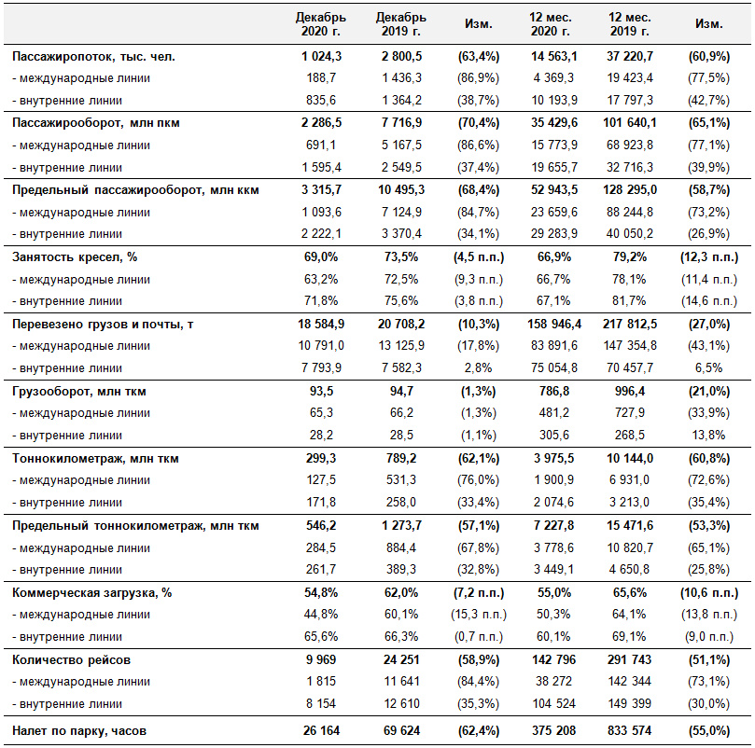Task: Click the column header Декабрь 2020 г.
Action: click(x=321, y=24)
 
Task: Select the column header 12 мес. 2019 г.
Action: click(x=629, y=24)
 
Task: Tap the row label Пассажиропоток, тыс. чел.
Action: click(x=93, y=57)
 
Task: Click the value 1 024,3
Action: click(x=321, y=56)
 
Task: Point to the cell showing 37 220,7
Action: click(x=629, y=56)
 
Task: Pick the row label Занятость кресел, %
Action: click(x=75, y=257)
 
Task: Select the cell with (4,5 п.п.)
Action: click(x=478, y=257)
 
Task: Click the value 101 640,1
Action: click(x=629, y=123)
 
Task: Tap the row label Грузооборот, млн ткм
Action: click(x=79, y=392)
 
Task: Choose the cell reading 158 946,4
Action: click(x=553, y=324)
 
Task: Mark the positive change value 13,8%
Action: click(x=708, y=436)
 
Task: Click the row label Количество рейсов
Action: click(x=71, y=660)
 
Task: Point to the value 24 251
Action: click(x=401, y=659)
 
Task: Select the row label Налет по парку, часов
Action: click(x=79, y=731)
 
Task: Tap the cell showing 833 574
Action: click(x=629, y=730)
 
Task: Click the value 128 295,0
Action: click(x=629, y=189)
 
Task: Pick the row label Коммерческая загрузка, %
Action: click(x=92, y=592)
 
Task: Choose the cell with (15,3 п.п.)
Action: click(x=478, y=615)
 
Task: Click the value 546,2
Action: click(x=321, y=525)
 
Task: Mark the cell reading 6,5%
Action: click(x=708, y=368)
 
